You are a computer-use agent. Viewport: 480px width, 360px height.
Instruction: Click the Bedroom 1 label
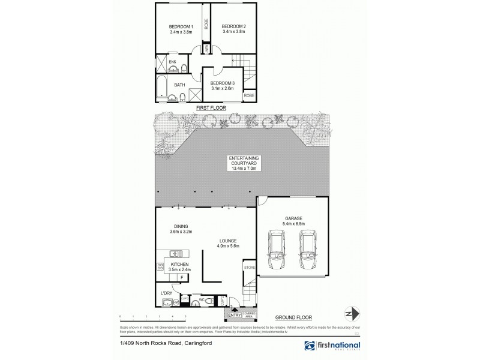coord(181,26)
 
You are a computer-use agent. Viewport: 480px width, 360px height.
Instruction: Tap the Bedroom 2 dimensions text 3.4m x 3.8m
coord(233,32)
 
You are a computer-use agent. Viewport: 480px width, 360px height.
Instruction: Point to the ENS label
coord(172,61)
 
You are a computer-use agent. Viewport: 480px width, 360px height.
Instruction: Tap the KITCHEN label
coord(180,264)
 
